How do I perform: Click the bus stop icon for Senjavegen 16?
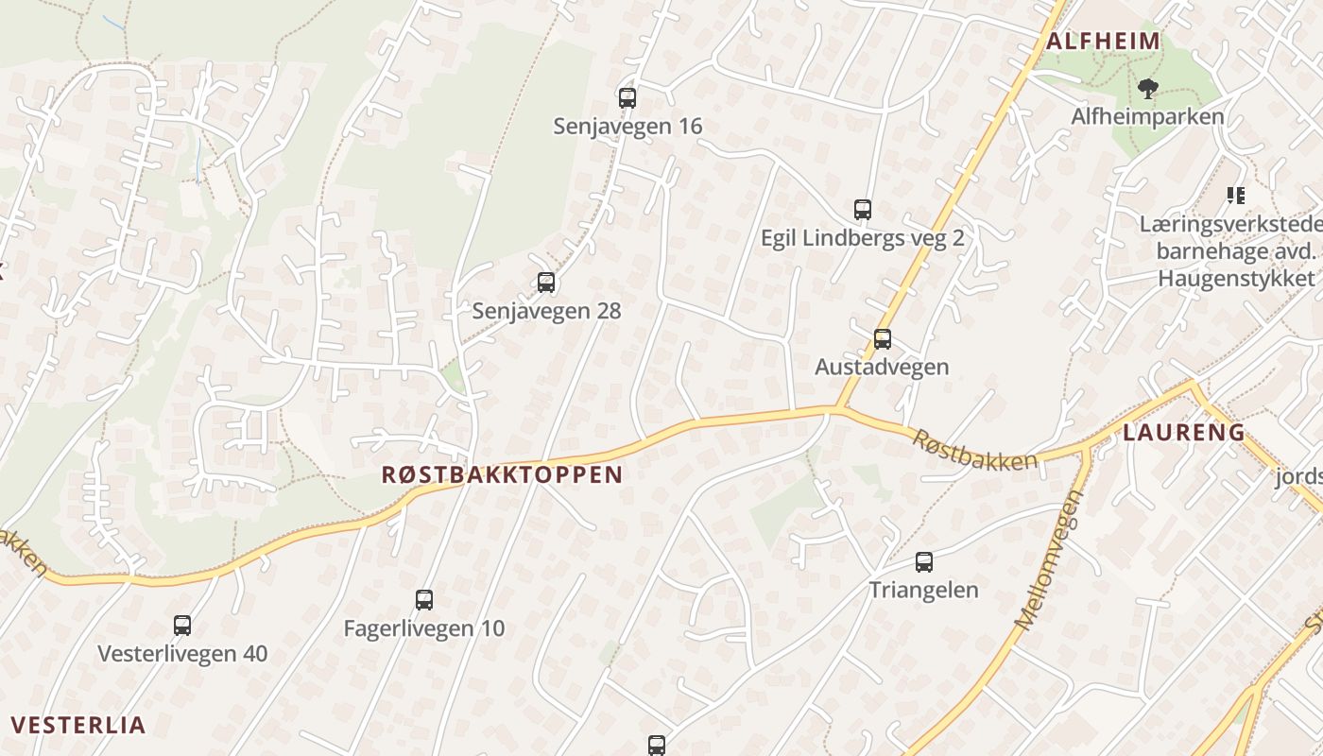(627, 97)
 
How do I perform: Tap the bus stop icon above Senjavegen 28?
(546, 282)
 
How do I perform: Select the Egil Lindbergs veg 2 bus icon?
(862, 209)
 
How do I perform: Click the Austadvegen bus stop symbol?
(883, 338)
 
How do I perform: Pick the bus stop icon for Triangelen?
(924, 562)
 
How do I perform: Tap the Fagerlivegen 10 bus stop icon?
(424, 599)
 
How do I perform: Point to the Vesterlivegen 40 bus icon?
(182, 625)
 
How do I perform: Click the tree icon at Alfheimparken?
(1148, 89)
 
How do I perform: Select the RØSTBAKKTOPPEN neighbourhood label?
(502, 474)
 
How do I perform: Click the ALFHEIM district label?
(1103, 41)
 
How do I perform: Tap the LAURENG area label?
(1183, 433)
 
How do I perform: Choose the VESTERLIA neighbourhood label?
(78, 725)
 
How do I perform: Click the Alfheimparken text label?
(1147, 116)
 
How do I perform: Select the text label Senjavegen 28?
(546, 310)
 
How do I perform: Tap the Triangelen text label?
(923, 590)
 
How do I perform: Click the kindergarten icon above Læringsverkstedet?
(1235, 196)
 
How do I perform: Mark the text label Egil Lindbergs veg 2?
(862, 237)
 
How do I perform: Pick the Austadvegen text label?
(882, 367)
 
